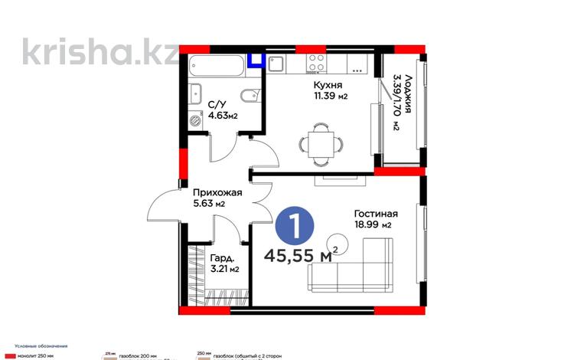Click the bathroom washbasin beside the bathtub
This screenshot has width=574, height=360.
(x=195, y=90)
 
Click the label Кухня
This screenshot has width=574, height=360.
(x=328, y=86)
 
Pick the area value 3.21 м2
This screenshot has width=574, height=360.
(x=223, y=269)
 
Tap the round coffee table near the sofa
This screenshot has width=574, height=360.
(x=338, y=244)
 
